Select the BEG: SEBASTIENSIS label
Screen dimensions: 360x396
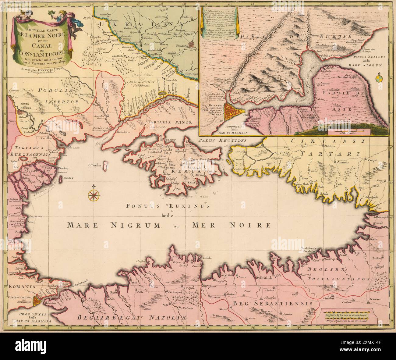(273, 304)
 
